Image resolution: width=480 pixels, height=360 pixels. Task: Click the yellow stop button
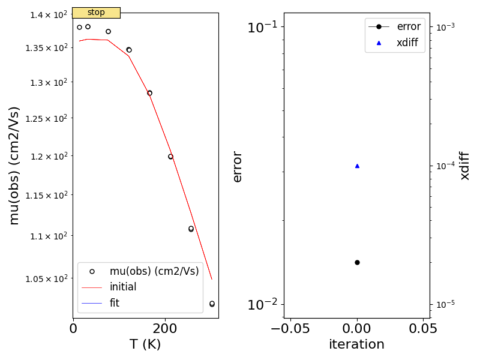point(96,13)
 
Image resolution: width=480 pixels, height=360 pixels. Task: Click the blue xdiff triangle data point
point(357,166)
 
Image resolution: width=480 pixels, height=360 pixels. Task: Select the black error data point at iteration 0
point(357,262)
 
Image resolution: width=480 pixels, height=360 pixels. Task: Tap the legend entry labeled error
point(409,26)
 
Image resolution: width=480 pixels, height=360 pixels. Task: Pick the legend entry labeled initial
point(123,287)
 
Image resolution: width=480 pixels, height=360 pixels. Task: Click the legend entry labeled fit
point(114,303)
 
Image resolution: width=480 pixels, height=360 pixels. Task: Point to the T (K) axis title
point(145,344)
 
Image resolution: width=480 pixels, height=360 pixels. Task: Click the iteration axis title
point(356,344)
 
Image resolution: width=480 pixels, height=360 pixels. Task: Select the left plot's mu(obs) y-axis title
point(14,165)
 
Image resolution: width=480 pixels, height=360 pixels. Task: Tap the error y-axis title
point(237,166)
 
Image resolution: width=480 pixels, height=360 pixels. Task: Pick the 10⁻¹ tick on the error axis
point(262,27)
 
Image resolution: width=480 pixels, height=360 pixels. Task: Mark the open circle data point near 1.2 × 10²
point(170,157)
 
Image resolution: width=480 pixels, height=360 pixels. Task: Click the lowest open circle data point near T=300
point(212,304)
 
